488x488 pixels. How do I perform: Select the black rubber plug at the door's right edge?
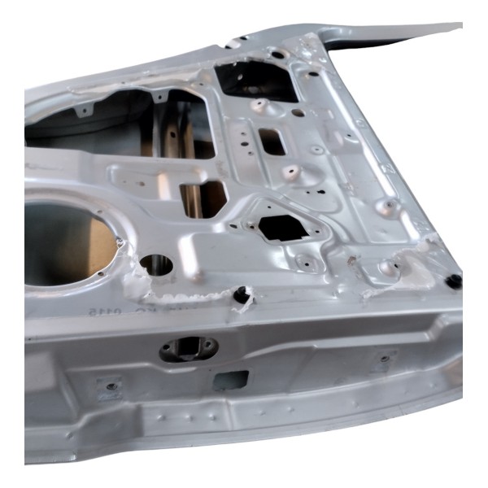[454, 281]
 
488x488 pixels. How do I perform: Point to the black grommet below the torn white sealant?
[241, 295]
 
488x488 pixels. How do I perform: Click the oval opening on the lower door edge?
[189, 349]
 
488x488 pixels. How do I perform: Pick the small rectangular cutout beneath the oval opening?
[231, 379]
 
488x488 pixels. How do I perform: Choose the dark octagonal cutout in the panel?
[282, 227]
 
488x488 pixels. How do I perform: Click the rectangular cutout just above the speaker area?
[203, 198]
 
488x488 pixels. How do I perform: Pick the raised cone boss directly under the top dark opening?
[259, 106]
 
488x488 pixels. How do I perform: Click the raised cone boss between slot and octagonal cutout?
[290, 172]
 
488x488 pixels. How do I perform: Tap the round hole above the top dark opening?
[277, 54]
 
